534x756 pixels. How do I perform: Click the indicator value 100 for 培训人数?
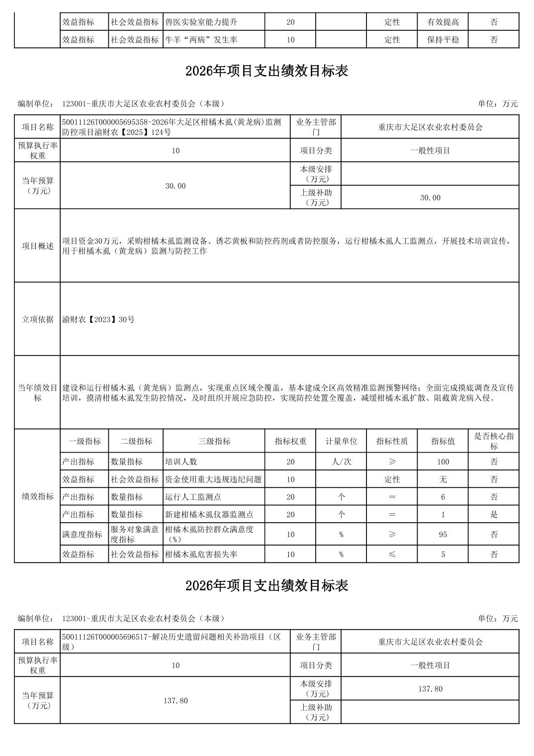(x=443, y=462)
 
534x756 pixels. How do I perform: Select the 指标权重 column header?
(x=290, y=441)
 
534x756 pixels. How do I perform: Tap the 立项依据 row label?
(x=37, y=319)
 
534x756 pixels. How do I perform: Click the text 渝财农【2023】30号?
(x=98, y=319)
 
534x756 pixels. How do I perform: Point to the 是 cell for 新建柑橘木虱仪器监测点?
(x=494, y=514)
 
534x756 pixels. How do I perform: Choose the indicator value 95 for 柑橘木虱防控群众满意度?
(x=443, y=534)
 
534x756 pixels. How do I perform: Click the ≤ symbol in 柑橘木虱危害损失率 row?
(x=392, y=554)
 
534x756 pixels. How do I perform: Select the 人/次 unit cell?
(x=341, y=462)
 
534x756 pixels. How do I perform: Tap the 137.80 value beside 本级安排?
(x=430, y=689)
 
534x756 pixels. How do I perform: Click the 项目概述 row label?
(x=37, y=246)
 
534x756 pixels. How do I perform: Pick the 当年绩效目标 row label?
(x=37, y=392)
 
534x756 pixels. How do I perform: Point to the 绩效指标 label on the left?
(x=37, y=496)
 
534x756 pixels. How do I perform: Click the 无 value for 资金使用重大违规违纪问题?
(x=443, y=479)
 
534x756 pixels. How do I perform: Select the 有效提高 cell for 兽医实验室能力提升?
(x=443, y=22)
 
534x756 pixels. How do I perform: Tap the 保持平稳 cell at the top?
(x=443, y=40)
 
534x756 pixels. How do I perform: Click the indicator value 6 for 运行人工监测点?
(x=443, y=497)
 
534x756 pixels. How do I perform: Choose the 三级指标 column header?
(x=214, y=441)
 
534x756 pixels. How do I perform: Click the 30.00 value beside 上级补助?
(x=430, y=197)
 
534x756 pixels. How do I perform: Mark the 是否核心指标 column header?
(x=494, y=441)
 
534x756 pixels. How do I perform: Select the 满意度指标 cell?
(x=84, y=534)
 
